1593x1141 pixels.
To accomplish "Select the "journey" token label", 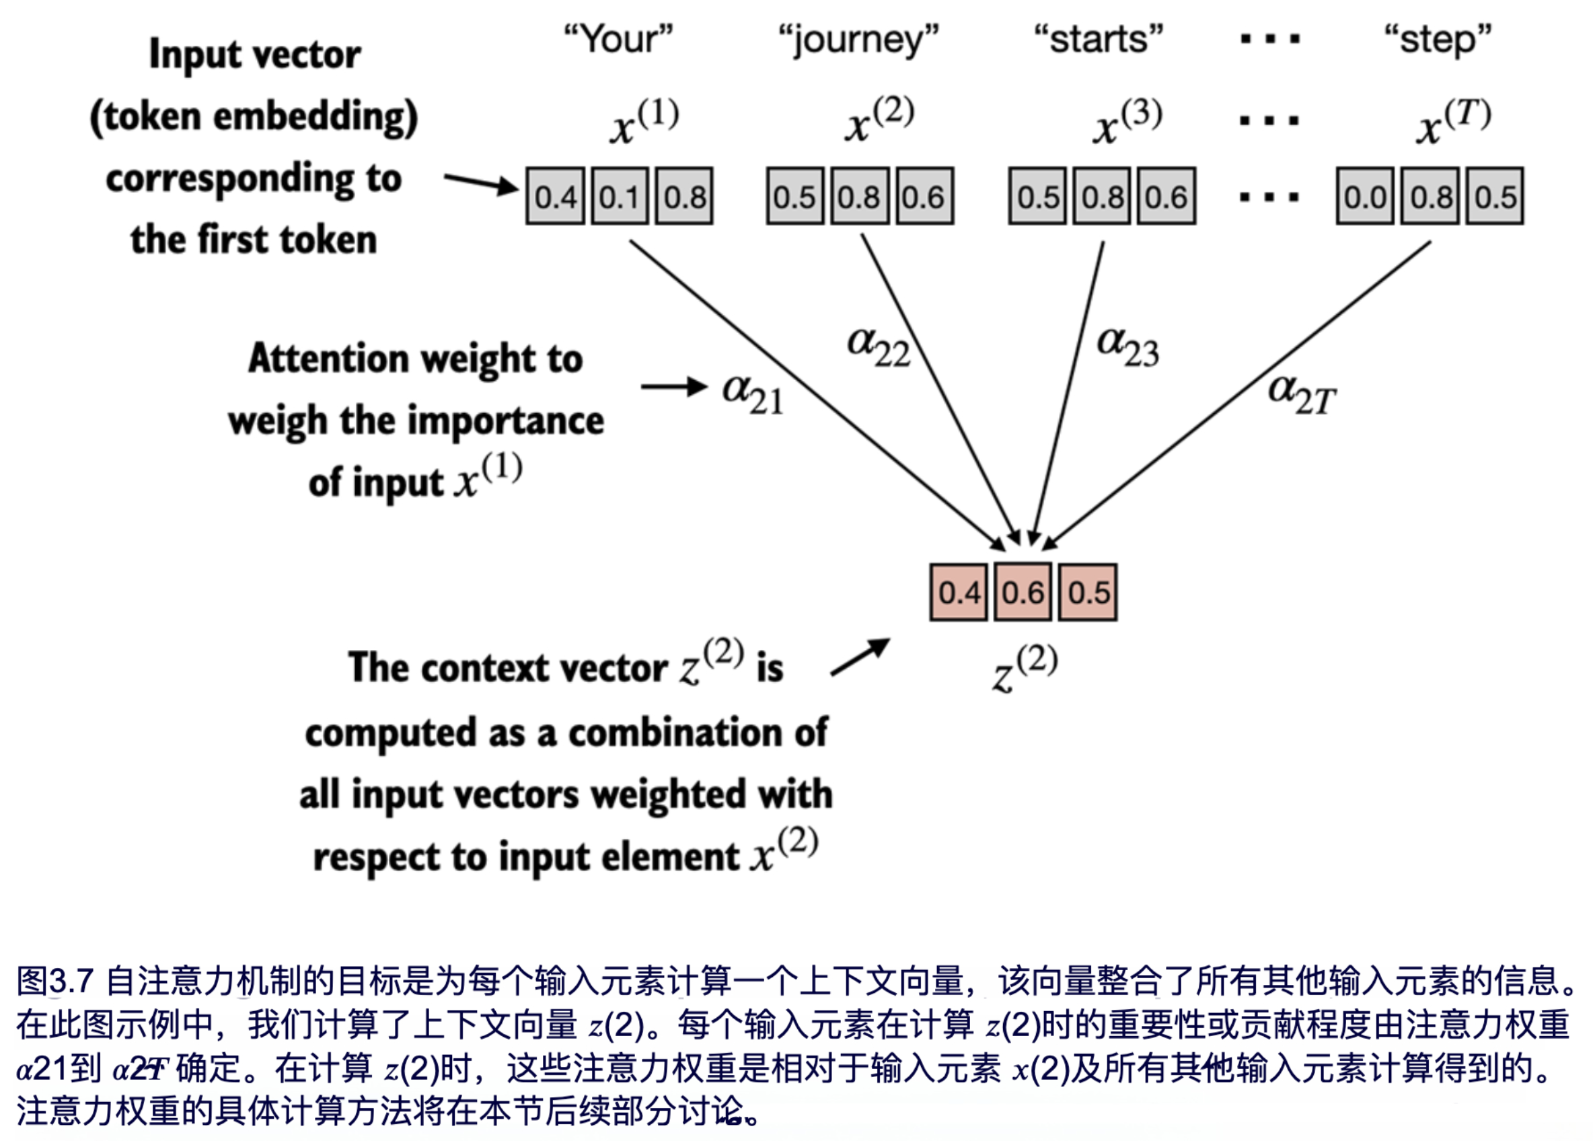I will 858,41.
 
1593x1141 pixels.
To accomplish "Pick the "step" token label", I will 1438,41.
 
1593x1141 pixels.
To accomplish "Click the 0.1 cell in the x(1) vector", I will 620,196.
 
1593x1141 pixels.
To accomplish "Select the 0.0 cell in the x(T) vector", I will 1365,196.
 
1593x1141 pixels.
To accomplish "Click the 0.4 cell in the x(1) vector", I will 555,196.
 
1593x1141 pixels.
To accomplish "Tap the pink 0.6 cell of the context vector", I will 1023,593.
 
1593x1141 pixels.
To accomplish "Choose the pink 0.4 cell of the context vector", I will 959,593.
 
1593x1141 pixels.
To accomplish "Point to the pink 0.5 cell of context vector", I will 1088,593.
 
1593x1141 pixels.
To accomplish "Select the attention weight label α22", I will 878,346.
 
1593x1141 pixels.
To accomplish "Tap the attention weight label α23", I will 1127,346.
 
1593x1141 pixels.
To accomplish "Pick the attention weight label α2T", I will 1302,394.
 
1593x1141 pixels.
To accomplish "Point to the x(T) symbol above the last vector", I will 1452,122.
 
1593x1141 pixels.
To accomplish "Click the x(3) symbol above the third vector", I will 1127,122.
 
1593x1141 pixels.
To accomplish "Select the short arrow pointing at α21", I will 673,386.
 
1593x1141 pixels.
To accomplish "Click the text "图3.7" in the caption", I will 54,981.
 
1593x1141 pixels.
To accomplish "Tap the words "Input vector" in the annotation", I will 255,54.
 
